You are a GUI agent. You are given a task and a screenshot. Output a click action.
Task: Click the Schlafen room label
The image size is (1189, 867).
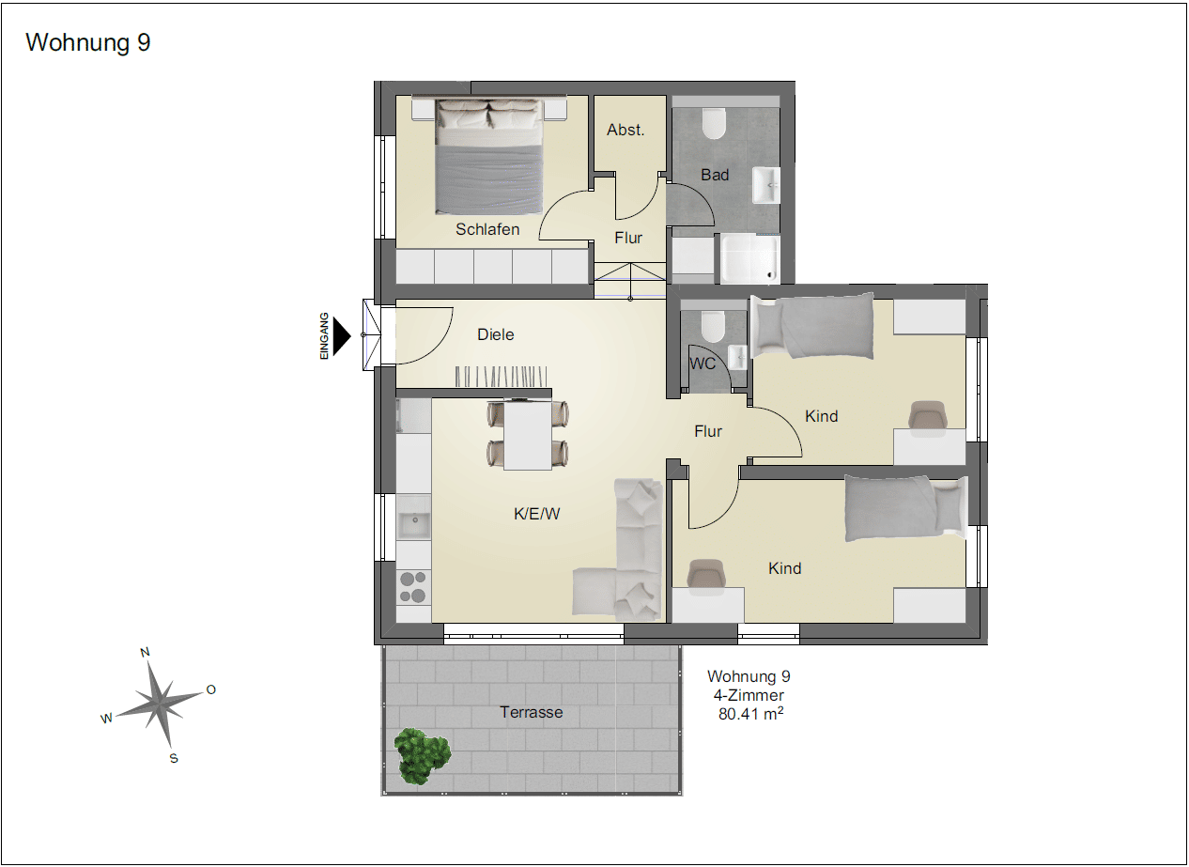487,229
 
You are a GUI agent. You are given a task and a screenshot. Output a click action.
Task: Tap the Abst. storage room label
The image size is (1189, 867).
625,130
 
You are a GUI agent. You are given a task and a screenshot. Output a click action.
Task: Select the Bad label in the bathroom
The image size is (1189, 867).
715,175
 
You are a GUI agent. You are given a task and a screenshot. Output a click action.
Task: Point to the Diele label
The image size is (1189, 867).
496,334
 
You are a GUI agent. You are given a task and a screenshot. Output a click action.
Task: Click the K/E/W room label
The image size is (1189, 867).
536,514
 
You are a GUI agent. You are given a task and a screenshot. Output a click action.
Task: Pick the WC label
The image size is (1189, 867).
703,364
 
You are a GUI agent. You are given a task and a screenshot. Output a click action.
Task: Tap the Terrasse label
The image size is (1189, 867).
531,712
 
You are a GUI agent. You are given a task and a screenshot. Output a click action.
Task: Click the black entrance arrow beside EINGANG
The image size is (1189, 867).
342,335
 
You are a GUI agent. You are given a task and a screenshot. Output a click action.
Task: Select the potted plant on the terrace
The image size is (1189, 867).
423,756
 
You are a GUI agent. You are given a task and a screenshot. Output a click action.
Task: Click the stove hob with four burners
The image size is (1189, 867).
413,587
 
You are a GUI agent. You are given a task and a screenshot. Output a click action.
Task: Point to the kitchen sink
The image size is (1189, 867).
414,524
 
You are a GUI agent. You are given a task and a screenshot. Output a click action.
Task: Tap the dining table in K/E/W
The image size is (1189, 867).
528,435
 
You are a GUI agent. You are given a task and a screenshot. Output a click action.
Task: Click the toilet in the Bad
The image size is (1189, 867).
714,124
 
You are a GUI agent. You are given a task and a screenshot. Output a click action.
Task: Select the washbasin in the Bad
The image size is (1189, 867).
766,185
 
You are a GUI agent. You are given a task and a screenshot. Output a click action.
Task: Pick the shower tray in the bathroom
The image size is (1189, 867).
749,259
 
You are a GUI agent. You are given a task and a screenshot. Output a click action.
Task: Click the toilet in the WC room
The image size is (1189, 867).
713,327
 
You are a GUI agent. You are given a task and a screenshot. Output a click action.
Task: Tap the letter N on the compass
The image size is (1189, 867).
145,653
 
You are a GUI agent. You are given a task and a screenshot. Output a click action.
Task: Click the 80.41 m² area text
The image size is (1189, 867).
750,714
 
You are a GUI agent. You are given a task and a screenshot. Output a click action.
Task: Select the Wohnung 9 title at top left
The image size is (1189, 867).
88,42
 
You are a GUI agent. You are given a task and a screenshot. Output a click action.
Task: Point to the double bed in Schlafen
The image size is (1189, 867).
489,156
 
